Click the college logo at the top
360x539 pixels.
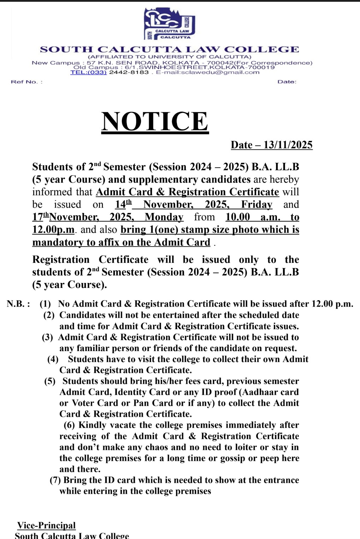pos(169,24)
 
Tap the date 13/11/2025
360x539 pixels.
pos(288,145)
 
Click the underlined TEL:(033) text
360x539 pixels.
pos(88,72)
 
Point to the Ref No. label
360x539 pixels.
pos(26,82)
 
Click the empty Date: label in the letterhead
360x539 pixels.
pos(287,82)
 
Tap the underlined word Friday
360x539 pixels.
pos(256,205)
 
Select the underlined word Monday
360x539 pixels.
pos(164,217)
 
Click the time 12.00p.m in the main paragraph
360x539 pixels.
pos(53,230)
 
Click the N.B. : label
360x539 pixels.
pos(18,304)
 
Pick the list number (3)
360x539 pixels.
pos(47,337)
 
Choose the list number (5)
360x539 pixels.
pos(50,381)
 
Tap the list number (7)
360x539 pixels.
pos(55,480)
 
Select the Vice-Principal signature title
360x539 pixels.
pos(46,526)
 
